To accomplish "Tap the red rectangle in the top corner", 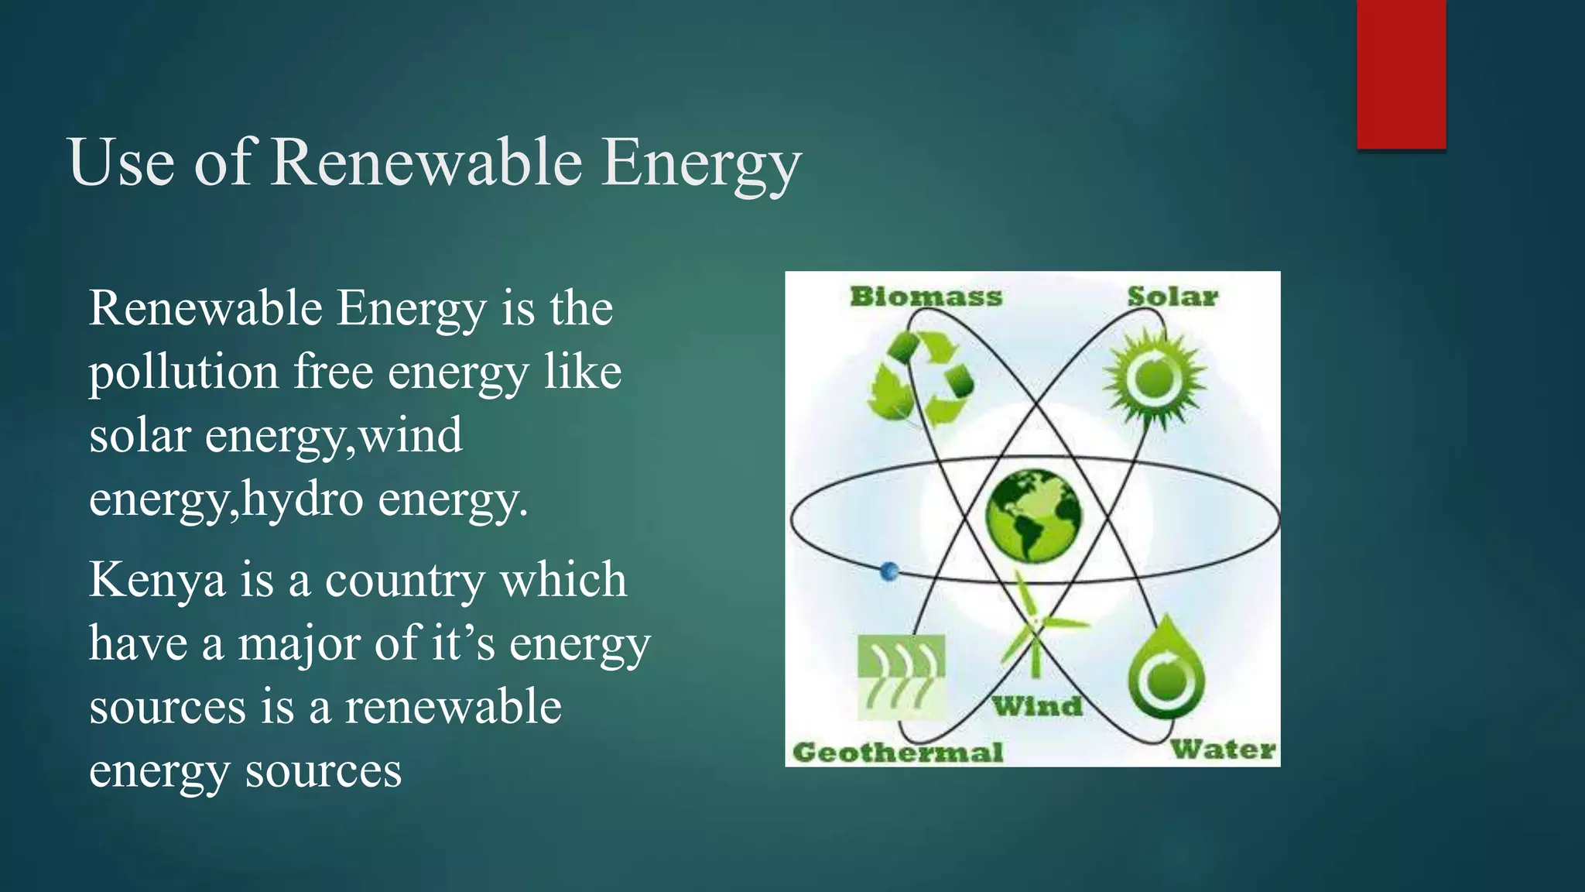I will pyautogui.click(x=1401, y=74).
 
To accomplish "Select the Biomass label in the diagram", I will pyautogui.click(x=926, y=297).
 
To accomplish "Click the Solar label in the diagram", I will pyautogui.click(x=1172, y=297).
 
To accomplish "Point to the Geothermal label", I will pyautogui.click(x=898, y=752).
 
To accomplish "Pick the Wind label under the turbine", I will pyautogui.click(x=1037, y=706).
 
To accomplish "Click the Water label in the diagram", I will pyautogui.click(x=1223, y=750).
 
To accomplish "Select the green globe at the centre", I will pyautogui.click(x=1033, y=515).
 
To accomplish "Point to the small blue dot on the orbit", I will pyautogui.click(x=890, y=571).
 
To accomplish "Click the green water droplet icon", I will pyautogui.click(x=1166, y=670).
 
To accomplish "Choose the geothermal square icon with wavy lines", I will pyautogui.click(x=901, y=675).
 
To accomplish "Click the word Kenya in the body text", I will pyautogui.click(x=157, y=581).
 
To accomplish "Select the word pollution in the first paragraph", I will pyautogui.click(x=183, y=372).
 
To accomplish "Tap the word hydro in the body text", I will pyautogui.click(x=303, y=499).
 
